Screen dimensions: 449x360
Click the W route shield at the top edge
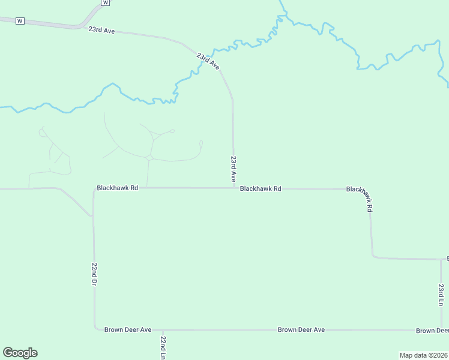106,2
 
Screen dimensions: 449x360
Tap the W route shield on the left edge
20,21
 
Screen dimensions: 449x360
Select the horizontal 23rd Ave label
101,29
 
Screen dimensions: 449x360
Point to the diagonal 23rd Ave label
208,61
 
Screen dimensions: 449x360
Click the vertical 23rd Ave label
234,169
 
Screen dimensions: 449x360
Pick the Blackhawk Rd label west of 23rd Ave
118,188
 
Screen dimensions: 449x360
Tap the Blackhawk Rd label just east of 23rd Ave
261,188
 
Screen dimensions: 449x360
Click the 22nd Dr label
94,274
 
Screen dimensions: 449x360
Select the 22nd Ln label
163,347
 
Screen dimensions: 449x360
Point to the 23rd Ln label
441,295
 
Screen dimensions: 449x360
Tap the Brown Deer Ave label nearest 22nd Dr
128,329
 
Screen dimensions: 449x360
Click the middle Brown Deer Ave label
301,329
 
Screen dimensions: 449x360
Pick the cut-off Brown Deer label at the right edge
432,331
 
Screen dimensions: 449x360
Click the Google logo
20,353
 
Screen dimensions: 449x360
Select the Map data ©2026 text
424,355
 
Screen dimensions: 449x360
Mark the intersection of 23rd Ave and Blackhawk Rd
234,188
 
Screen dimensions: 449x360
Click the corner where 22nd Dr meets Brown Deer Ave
95,329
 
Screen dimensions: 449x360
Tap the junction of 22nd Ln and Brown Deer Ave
163,329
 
